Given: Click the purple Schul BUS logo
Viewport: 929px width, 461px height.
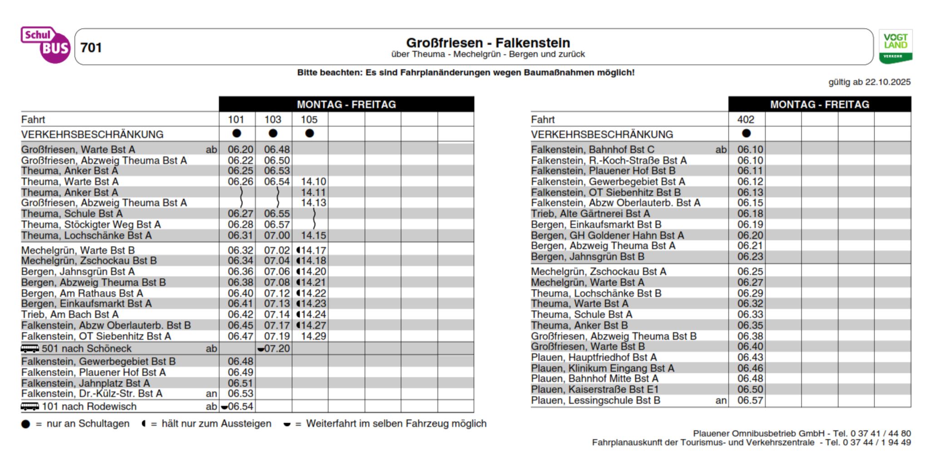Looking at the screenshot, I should click(x=45, y=45).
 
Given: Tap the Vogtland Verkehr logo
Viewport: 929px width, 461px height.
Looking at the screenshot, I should click(x=895, y=46).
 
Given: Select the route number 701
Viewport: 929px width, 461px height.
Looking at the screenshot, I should click(x=91, y=48).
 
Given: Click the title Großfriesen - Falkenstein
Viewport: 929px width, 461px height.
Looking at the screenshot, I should click(x=488, y=43).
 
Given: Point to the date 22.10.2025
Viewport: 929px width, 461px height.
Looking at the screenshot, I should click(x=887, y=82).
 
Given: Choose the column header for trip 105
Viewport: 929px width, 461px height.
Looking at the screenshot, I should click(x=309, y=119).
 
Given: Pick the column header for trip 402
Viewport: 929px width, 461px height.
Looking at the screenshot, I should click(x=746, y=119).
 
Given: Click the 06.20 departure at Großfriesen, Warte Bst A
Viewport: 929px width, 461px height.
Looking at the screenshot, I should click(x=241, y=149).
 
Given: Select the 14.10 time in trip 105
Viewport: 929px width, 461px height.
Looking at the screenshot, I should click(x=313, y=182).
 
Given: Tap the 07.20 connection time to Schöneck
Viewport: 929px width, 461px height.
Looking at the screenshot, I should click(x=277, y=349).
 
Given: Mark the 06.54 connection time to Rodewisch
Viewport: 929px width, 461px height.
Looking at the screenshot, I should click(x=240, y=406).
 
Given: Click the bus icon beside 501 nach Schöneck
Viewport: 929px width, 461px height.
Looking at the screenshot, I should click(x=30, y=348).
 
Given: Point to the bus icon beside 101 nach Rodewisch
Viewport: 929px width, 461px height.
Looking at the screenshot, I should click(x=30, y=406).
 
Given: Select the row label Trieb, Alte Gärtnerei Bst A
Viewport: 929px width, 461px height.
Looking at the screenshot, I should click(x=590, y=214).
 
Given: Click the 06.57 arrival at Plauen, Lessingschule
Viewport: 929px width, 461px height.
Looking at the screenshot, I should click(x=750, y=401).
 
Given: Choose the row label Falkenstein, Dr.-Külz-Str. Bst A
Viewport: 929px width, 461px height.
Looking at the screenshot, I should click(x=92, y=394).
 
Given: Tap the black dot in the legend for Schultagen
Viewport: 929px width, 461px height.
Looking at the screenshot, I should click(x=26, y=424).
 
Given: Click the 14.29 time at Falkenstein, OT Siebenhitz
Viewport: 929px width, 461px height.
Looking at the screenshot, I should click(x=313, y=337).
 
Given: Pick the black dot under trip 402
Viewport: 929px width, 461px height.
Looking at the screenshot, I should click(x=746, y=134).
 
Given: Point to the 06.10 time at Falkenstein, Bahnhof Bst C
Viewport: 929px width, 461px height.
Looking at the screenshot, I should click(x=750, y=149).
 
